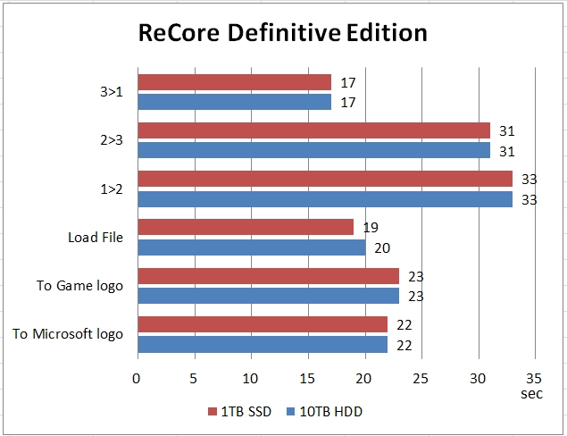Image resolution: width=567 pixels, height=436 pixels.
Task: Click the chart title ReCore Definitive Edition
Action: pos(282,34)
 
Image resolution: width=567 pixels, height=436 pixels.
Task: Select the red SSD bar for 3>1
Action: pos(234,82)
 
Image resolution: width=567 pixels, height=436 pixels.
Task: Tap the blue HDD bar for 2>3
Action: pos(313,150)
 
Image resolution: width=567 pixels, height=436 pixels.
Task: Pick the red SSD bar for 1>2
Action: pos(325,180)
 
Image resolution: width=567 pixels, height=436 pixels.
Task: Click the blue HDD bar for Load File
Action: pos(251,247)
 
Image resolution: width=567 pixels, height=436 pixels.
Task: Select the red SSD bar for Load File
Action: pos(246,228)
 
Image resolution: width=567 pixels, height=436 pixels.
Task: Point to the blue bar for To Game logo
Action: pos(268,296)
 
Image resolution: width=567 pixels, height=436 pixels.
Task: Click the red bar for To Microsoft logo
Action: pos(263,324)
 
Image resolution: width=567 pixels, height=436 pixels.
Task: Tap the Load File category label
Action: pos(96,238)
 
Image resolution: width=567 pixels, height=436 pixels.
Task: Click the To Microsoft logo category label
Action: pos(68,334)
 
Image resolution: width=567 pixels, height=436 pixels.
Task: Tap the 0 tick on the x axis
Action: pos(137,377)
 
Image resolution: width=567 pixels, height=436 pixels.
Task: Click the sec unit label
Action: pos(533,392)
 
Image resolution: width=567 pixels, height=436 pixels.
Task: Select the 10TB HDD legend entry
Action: pos(325,412)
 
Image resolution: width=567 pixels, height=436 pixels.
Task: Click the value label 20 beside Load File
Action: pos(383,248)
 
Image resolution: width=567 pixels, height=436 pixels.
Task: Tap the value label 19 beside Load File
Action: pos(371,228)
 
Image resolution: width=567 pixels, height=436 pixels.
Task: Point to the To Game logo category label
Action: pos(79,286)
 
